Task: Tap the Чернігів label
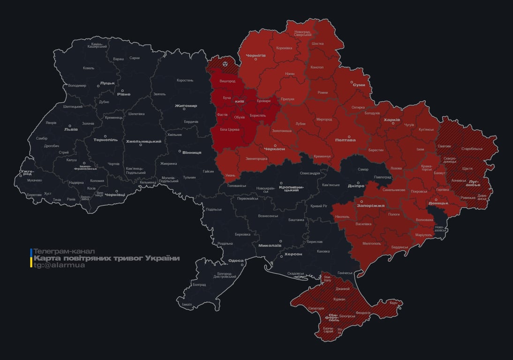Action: (256, 55)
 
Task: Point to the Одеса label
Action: (235, 261)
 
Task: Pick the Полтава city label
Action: (345, 140)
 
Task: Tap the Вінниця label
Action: (191, 152)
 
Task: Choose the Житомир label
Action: (186, 105)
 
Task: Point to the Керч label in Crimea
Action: (393, 303)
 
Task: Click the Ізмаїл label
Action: (187, 304)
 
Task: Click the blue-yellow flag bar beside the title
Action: (31, 258)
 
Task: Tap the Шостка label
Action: (317, 44)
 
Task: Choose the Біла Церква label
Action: (230, 128)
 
